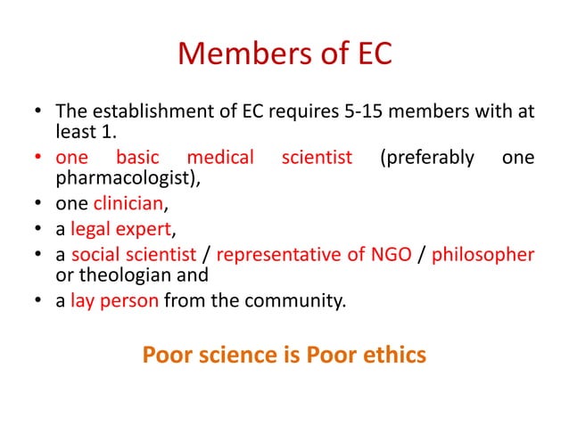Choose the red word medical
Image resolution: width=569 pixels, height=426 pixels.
(220, 159)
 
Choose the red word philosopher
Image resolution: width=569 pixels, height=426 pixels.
(483, 255)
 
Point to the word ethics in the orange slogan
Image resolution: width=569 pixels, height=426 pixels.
(387, 355)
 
